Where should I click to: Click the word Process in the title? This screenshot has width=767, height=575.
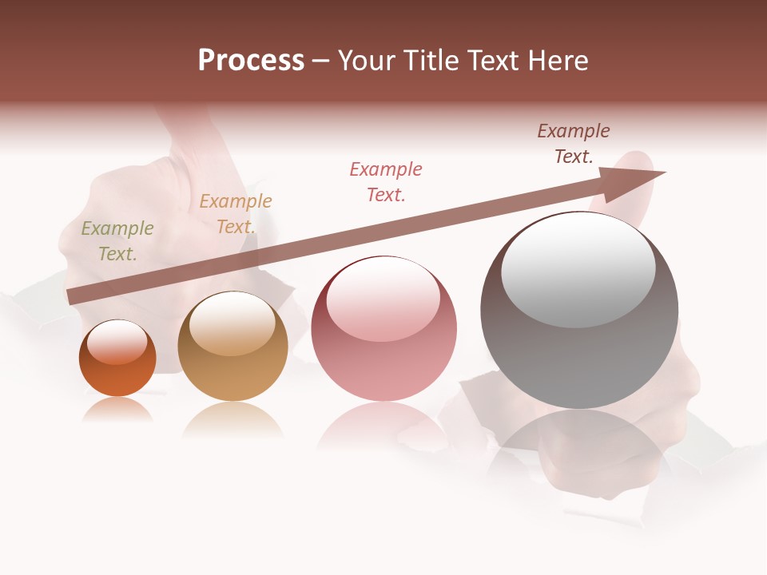click(251, 61)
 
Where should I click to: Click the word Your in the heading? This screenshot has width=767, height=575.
click(365, 61)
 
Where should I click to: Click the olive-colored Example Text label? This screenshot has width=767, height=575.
click(117, 241)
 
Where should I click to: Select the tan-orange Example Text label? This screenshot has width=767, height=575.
click(236, 214)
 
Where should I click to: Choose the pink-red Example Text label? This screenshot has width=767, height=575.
click(386, 182)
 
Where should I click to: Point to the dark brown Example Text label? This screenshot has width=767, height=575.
click(574, 144)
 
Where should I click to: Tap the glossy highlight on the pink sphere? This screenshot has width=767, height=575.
click(383, 298)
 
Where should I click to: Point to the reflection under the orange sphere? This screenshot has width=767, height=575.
click(117, 409)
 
